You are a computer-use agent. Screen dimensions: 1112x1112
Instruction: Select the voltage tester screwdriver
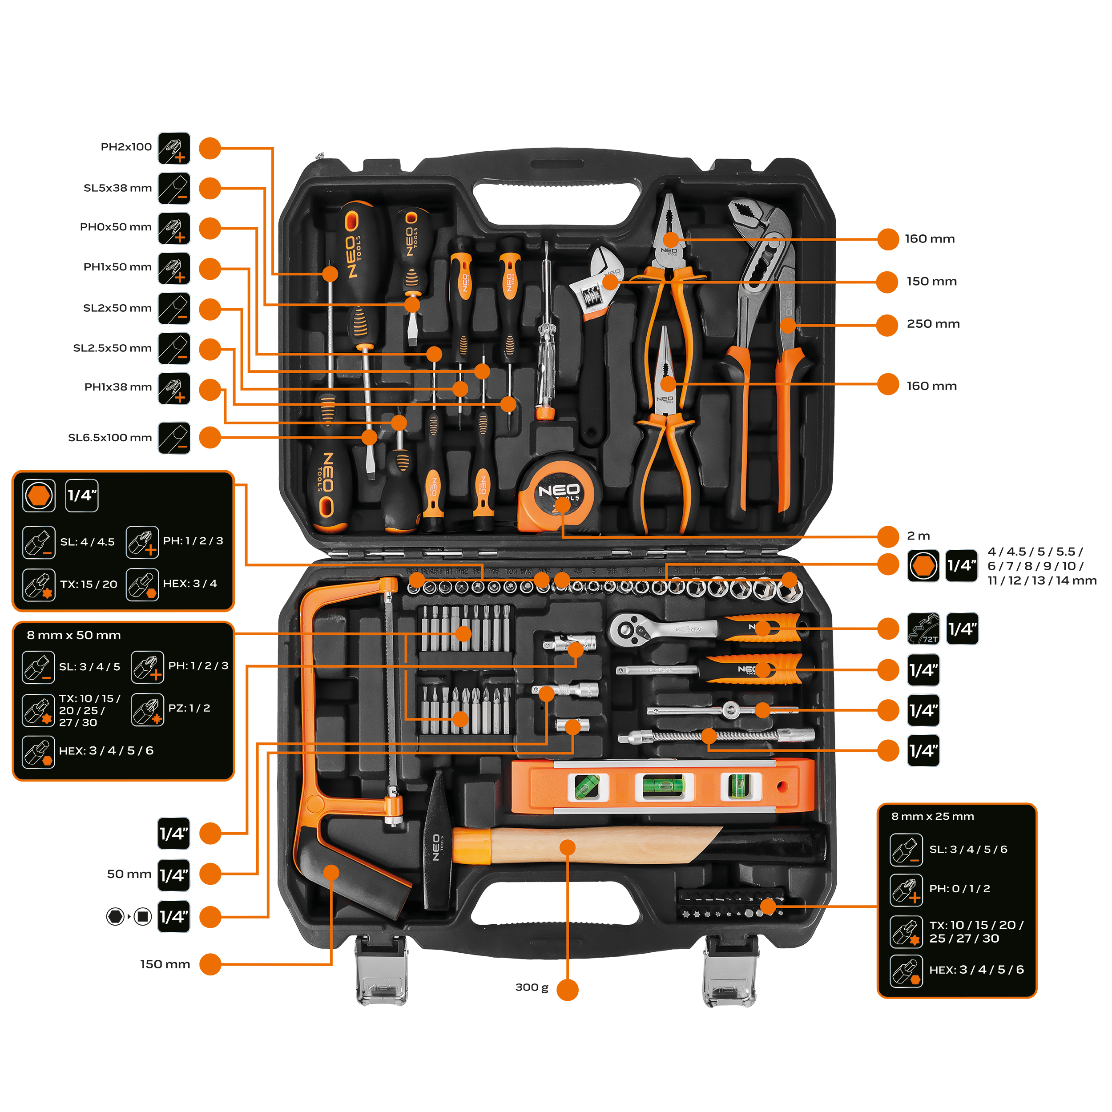[x=544, y=334]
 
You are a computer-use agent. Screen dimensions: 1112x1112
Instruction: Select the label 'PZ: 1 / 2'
[x=189, y=709]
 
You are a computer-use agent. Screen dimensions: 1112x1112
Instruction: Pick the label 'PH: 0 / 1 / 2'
[x=959, y=889]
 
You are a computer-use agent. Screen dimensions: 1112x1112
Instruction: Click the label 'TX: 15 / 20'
[x=89, y=584]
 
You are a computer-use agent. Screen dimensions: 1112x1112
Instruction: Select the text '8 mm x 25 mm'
[x=932, y=816]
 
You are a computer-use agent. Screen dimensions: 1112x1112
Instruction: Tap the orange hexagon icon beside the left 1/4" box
[x=39, y=496]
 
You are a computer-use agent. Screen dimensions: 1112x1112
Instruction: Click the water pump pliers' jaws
[x=760, y=230]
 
